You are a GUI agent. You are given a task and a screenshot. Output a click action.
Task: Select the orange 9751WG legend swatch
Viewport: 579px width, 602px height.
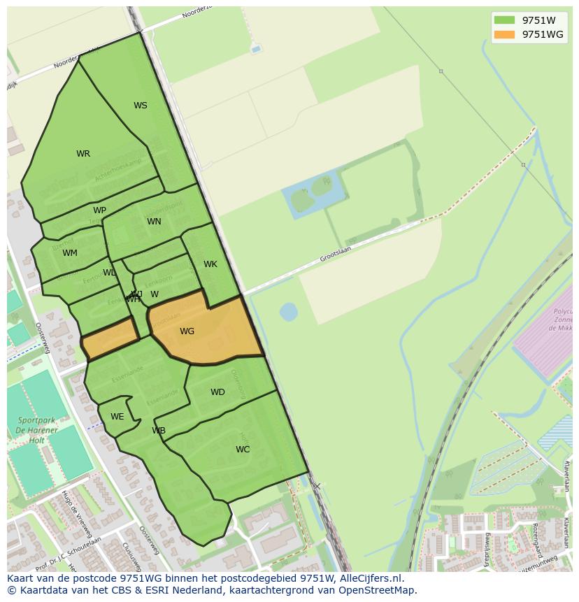point(503,34)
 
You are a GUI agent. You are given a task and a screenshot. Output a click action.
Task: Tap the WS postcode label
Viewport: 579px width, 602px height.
point(141,106)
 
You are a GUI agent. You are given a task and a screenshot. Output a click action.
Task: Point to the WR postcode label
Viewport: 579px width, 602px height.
point(83,154)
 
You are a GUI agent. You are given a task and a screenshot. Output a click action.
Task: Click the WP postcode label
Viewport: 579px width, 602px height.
point(99,210)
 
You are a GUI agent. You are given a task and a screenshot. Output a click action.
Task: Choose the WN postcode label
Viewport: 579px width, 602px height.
point(154,222)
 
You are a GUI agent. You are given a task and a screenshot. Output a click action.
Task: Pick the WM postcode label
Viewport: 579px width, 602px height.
point(70,253)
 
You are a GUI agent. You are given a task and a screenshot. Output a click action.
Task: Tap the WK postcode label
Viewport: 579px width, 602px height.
point(210,264)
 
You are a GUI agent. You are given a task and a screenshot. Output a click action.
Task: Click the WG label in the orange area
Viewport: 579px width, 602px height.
point(187,331)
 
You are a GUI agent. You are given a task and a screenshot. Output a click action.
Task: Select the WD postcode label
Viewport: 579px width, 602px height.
point(217,392)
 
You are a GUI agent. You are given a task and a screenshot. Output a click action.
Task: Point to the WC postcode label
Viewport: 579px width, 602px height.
point(243,450)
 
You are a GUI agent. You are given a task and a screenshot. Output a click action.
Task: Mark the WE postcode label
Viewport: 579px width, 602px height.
point(117,417)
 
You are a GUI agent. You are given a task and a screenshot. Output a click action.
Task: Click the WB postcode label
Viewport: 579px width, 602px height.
point(159,431)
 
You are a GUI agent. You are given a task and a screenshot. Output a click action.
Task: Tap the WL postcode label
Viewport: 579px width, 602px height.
point(109,273)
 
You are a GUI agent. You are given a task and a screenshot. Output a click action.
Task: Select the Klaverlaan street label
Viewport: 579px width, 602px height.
point(566,475)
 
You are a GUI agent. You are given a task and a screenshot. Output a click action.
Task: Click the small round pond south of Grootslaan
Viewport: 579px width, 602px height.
point(288,311)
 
